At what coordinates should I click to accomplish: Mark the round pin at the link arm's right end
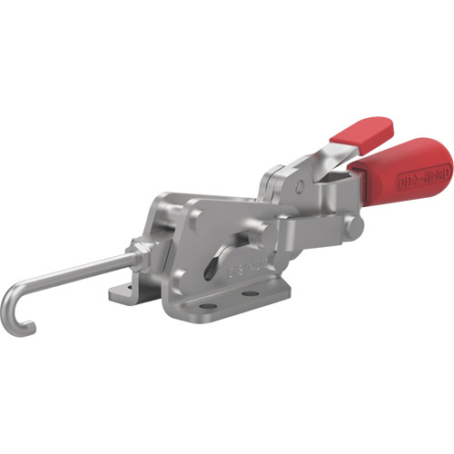point(358,223)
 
